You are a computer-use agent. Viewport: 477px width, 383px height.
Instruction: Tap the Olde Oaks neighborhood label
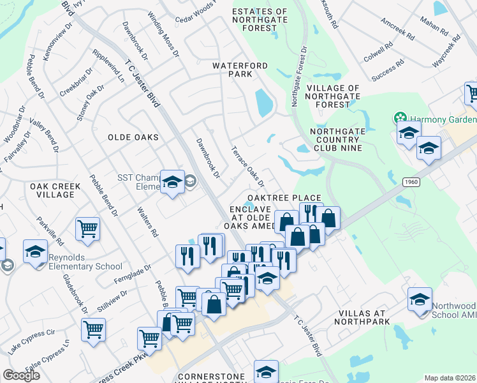pyautogui.click(x=133, y=137)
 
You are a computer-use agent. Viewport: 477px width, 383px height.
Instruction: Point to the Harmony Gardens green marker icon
pyautogui.click(x=400, y=118)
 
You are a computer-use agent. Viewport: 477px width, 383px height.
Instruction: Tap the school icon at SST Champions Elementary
pyautogui.click(x=172, y=183)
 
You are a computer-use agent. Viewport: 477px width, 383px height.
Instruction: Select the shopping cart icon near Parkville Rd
pyautogui.click(x=87, y=229)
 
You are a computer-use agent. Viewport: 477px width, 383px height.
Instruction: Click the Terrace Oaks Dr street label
pyautogui.click(x=247, y=165)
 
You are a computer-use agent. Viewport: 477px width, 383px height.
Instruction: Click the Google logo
pyautogui.click(x=22, y=375)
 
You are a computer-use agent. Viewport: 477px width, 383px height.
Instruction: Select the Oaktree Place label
pyautogui.click(x=284, y=198)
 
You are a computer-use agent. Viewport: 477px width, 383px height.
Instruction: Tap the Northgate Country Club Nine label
pyautogui.click(x=335, y=140)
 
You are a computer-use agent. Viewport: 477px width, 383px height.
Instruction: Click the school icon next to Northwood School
pyautogui.click(x=420, y=299)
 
